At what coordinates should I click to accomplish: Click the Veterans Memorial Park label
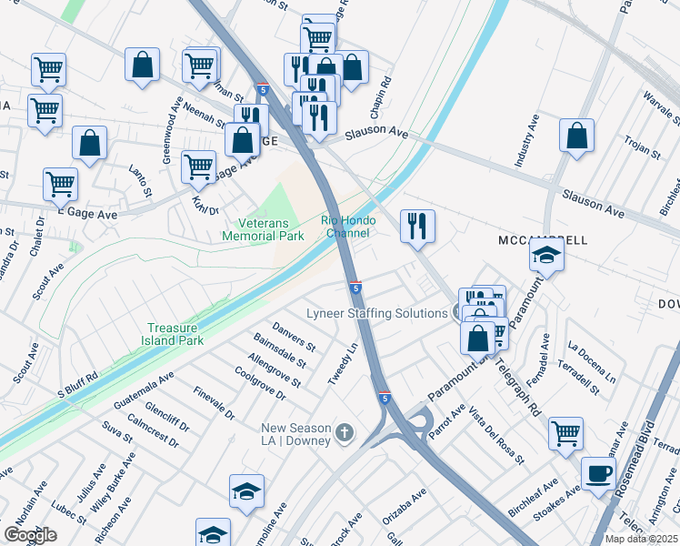point(263,229)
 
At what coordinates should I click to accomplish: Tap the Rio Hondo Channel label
point(345,227)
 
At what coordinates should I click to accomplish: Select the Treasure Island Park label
point(176,334)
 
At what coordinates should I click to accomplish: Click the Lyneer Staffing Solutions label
point(376,313)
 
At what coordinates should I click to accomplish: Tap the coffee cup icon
point(598,473)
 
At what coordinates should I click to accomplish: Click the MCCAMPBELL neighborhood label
point(544,240)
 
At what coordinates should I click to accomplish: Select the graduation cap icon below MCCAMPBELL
point(546,256)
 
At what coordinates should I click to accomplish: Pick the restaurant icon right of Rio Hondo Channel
point(417,225)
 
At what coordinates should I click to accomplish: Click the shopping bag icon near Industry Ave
point(576,136)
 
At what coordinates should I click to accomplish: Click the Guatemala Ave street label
point(144,389)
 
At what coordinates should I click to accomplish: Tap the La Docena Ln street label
point(591,362)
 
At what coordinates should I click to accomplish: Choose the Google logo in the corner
point(30,535)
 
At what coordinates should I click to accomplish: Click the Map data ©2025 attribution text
point(641,539)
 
